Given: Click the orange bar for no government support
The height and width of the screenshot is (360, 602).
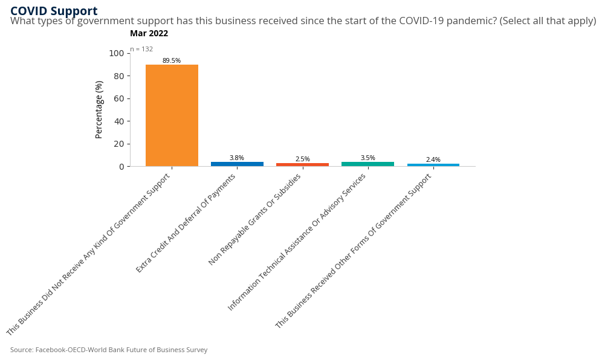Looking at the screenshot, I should [x=172, y=115].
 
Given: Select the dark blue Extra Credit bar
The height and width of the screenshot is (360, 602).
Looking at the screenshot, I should [x=237, y=164].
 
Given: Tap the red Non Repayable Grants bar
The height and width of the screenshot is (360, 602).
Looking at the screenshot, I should [x=302, y=164].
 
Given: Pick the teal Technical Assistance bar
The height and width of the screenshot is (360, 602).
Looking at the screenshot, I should [x=367, y=164].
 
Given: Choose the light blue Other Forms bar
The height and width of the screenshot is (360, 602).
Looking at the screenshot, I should [x=433, y=165].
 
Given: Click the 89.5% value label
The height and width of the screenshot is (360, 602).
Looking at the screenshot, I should [x=172, y=60].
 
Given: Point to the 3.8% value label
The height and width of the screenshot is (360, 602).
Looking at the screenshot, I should [x=237, y=158].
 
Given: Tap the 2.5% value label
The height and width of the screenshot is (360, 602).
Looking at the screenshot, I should [x=302, y=159].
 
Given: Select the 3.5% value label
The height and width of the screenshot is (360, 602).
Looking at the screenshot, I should [x=367, y=158].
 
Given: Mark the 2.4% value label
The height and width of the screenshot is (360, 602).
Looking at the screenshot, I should [x=433, y=159].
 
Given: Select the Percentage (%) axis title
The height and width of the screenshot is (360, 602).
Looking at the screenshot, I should [x=99, y=110].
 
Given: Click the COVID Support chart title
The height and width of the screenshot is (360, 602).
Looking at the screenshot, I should [x=54, y=11].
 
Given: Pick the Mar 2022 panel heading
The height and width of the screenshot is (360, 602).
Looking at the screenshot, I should [x=149, y=34].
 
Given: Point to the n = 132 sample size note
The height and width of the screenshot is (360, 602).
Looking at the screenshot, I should [x=141, y=49].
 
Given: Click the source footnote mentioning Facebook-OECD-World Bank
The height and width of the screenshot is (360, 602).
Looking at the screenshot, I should [x=109, y=350].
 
